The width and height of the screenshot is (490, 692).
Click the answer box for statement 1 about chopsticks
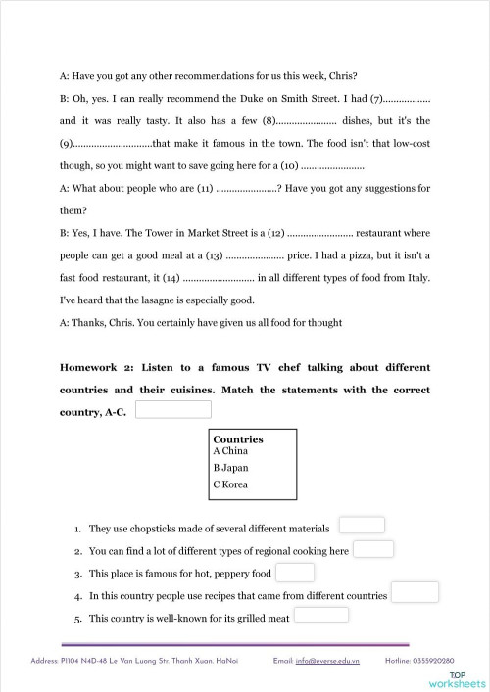(x=361, y=527)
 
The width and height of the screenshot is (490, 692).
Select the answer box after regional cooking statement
(x=373, y=549)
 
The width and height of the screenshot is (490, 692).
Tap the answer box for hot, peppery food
(x=296, y=573)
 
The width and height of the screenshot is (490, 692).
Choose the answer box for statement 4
(x=415, y=592)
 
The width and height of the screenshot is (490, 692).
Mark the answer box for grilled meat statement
(x=320, y=615)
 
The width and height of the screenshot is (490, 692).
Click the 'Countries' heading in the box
(x=238, y=439)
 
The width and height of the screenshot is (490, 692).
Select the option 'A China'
(x=232, y=452)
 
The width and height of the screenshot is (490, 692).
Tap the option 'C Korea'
(x=233, y=484)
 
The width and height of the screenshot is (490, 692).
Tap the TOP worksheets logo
(x=463, y=679)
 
